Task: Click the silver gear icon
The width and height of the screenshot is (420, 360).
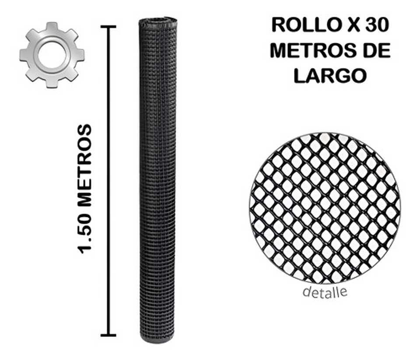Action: (x=52, y=55)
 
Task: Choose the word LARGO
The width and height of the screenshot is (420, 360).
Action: (x=329, y=76)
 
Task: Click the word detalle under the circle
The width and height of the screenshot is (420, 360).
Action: (x=325, y=291)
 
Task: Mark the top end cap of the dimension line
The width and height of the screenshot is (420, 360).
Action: (x=108, y=27)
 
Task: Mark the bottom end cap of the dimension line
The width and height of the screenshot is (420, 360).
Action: (x=108, y=335)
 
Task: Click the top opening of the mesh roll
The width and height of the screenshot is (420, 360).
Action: (x=158, y=21)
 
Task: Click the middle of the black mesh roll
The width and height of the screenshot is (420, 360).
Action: (x=157, y=180)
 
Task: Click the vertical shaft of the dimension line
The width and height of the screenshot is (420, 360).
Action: (x=108, y=180)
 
